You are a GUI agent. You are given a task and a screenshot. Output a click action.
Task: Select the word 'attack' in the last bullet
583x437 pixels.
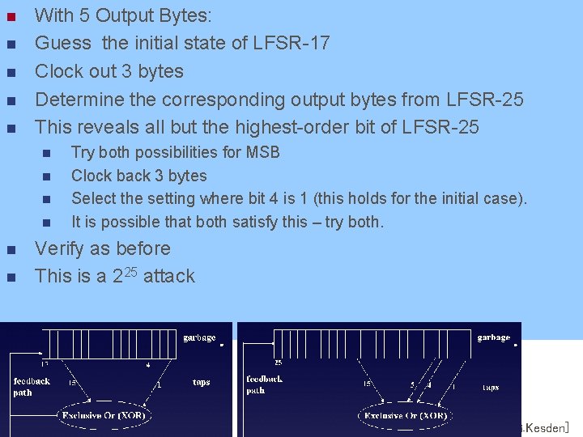[x=169, y=276]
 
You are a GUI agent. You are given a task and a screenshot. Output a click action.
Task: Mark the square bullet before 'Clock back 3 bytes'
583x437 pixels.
[x=46, y=176]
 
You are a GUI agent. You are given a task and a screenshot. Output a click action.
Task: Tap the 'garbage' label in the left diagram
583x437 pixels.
[x=199, y=337]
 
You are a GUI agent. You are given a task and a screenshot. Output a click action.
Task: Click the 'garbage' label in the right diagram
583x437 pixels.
[x=494, y=337]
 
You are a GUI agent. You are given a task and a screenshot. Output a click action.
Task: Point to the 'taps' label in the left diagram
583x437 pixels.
[x=202, y=381]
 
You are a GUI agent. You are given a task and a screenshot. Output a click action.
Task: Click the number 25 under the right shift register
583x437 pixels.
[x=278, y=363]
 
